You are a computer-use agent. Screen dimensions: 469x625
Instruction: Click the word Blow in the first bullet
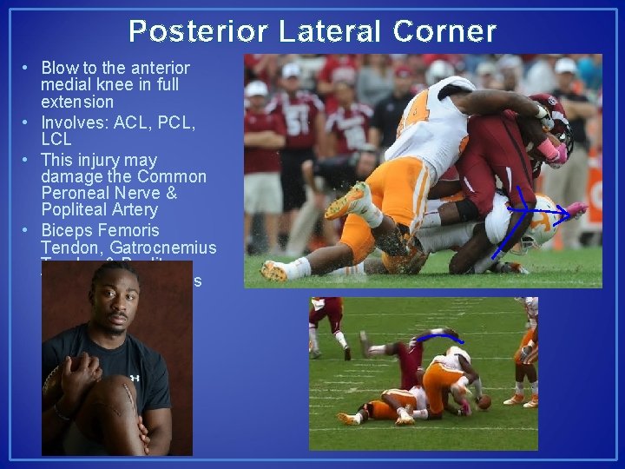click(57, 68)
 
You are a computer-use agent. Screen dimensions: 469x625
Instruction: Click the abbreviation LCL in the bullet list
click(56, 139)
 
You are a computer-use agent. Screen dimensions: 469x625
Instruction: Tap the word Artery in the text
click(135, 209)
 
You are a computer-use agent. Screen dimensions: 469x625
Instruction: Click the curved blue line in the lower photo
click(438, 334)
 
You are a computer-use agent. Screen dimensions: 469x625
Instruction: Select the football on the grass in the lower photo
click(484, 402)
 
